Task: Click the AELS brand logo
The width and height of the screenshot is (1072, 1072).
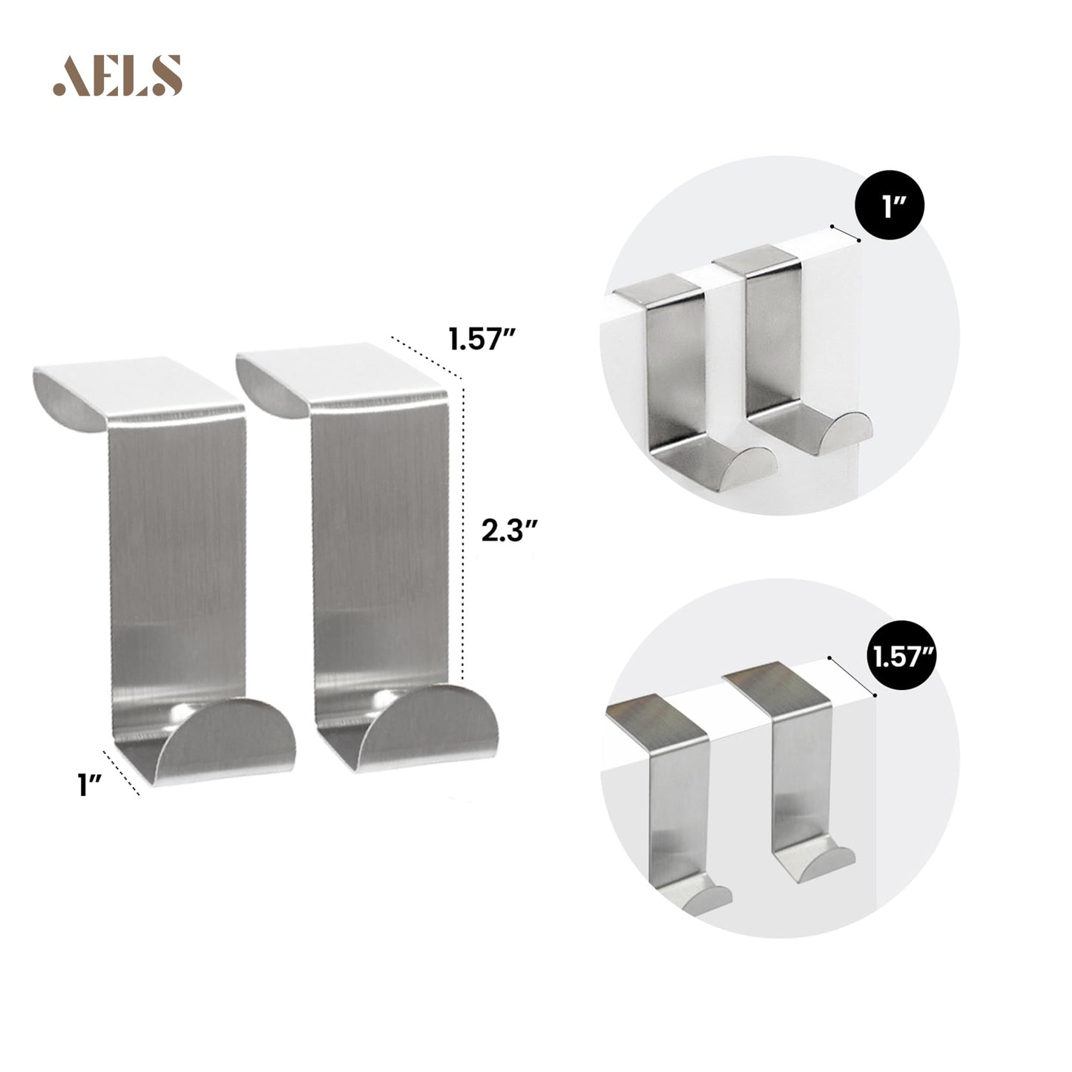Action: pyautogui.click(x=117, y=76)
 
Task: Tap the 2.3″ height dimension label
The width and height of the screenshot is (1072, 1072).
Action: pyautogui.click(x=510, y=531)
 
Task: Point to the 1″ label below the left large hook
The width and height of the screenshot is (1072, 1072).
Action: pyautogui.click(x=89, y=785)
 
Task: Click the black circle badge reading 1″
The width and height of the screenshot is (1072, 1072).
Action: pyautogui.click(x=889, y=205)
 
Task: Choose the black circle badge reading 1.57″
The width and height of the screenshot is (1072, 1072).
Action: pyautogui.click(x=902, y=657)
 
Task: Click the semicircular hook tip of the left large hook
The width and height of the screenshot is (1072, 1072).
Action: pyautogui.click(x=226, y=740)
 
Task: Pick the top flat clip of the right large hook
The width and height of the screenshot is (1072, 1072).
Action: pyautogui.click(x=341, y=379)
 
